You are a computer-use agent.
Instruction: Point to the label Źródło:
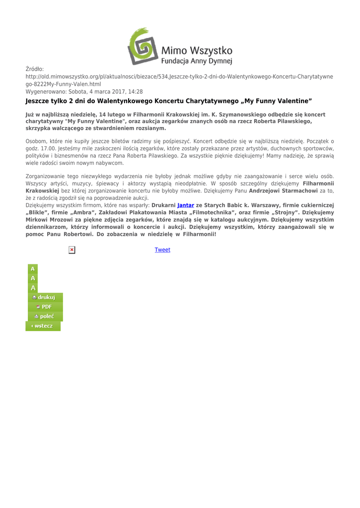35,69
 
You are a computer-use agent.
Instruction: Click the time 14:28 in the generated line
135,92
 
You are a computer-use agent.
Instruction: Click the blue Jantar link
185,205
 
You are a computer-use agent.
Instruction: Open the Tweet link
162,250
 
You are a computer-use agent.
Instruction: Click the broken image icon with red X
72,250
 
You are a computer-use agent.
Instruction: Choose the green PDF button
44,307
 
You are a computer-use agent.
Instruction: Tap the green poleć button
44,316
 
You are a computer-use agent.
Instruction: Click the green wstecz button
43,326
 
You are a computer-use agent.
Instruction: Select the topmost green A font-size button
33,269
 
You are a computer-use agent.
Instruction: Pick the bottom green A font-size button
33,288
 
